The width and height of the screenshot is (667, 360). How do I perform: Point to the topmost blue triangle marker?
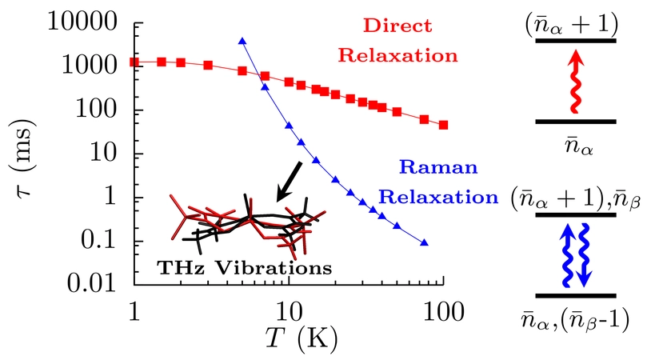click(x=242, y=41)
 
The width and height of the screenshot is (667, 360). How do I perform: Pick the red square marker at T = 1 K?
click(x=134, y=62)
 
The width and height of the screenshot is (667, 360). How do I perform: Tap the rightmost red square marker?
click(x=444, y=125)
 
